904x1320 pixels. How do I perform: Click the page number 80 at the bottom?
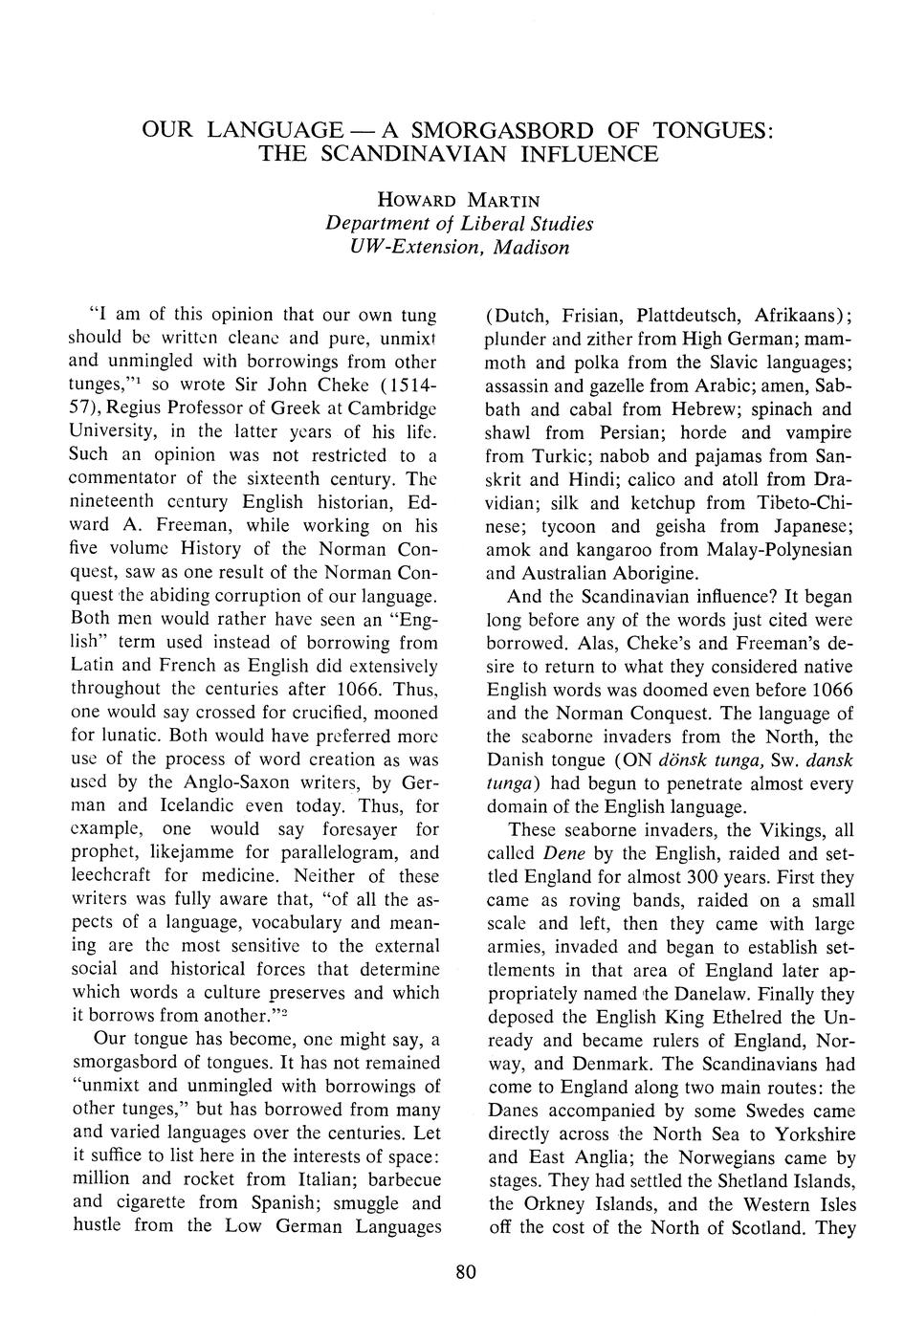pos(466,1271)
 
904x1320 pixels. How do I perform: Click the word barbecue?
pos(393,1178)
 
